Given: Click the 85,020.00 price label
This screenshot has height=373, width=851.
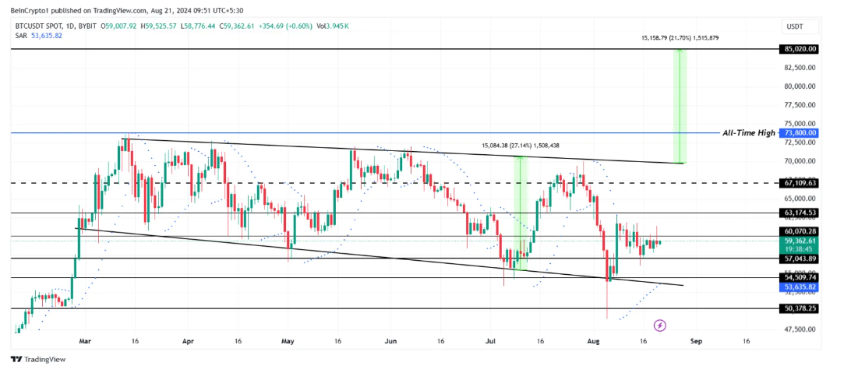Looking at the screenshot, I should [800, 49].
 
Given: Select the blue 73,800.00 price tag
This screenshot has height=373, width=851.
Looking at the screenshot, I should [800, 133].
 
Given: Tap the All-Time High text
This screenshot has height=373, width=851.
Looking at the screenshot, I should [749, 133].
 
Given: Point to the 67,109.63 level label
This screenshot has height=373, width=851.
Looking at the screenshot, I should [800, 183].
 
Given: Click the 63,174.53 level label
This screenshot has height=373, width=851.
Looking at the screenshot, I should [800, 213].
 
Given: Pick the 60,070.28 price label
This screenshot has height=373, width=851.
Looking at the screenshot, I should [800, 231].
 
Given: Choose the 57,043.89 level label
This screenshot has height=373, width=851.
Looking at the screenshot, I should [800, 259].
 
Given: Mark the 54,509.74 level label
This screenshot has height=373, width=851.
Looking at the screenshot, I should [800, 277].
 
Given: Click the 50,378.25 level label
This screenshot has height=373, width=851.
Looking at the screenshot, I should [800, 308].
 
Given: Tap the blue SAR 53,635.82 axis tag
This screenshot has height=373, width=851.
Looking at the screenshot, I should [800, 287].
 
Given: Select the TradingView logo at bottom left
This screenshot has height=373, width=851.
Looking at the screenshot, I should [38, 359].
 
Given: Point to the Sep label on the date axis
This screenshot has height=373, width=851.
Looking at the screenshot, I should [697, 341].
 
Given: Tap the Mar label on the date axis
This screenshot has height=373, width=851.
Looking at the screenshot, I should [85, 341].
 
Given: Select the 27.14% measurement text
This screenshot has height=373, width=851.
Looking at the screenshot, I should [519, 145].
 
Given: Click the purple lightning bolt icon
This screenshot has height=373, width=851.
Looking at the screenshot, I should [660, 325].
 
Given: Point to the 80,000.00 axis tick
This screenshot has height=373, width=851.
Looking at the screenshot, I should [800, 86].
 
